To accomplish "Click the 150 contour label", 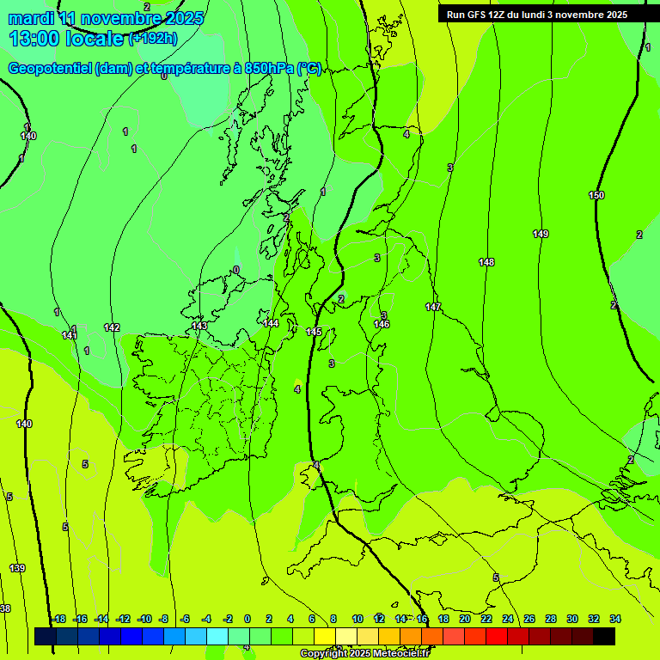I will tap(596, 196).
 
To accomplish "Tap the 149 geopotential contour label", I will tap(541, 235).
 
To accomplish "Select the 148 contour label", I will tap(486, 262).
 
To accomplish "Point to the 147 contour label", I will tap(433, 307).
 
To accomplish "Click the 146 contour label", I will tap(382, 324).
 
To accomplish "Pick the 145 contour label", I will tap(314, 332).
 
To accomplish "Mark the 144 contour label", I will tap(271, 323).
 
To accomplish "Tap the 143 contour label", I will tap(199, 326).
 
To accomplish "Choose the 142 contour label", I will tap(112, 327).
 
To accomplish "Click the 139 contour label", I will tap(17, 568).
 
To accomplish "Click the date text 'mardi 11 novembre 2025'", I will tap(106, 18).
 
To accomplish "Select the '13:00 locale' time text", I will tap(66, 39).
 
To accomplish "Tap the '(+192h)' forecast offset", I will tap(153, 39).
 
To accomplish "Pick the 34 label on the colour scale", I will tap(615, 619).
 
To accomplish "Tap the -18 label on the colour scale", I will tap(58, 619).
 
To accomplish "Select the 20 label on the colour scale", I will tap(465, 619).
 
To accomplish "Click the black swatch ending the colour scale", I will tap(604, 637).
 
